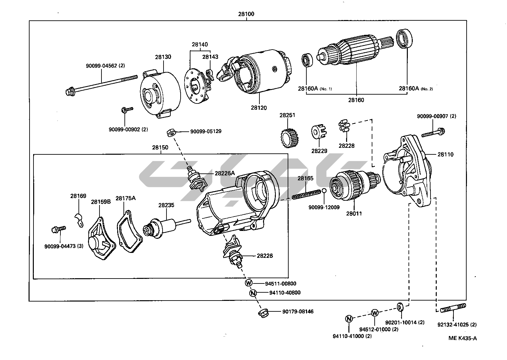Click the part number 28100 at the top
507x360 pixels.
point(246,14)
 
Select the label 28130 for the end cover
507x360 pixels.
point(163,57)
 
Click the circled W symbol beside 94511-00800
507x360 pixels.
point(249,283)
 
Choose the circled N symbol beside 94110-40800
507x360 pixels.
point(253,293)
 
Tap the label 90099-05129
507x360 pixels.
point(206,131)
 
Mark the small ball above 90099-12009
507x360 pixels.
point(324,191)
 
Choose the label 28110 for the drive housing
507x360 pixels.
point(445,154)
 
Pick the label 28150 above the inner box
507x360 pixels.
point(160,147)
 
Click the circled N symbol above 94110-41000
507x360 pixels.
point(349,318)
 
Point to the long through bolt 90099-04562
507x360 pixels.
point(102,83)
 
